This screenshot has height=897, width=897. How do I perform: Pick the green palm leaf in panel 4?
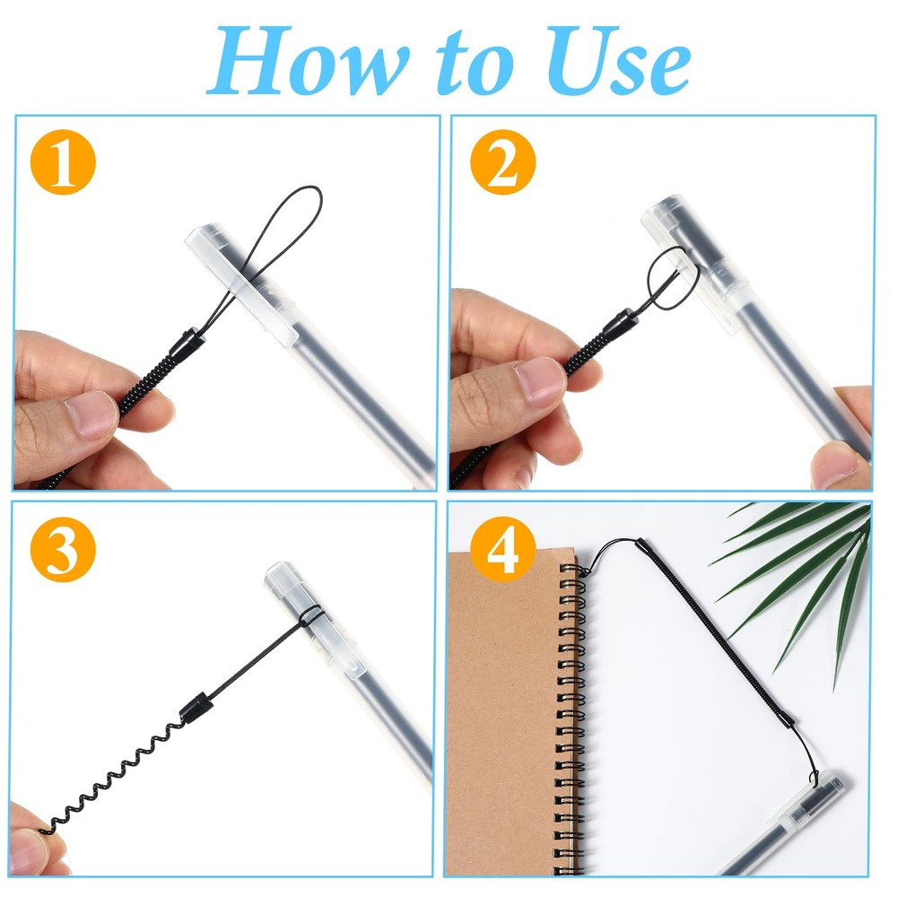(x=807, y=574)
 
